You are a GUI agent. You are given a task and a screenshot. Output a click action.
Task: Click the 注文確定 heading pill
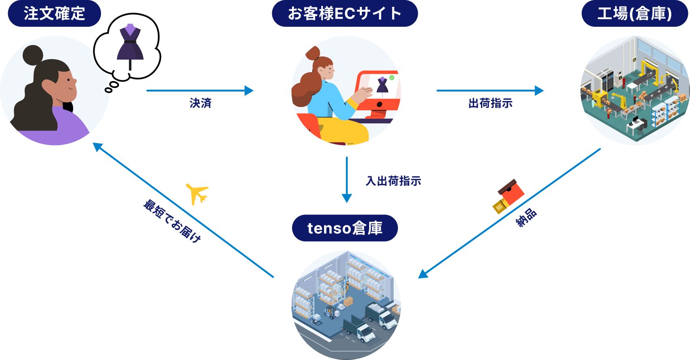[54, 13]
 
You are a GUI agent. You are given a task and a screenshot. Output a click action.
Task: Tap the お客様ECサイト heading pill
[344, 13]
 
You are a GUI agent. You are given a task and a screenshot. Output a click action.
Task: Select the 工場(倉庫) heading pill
[634, 13]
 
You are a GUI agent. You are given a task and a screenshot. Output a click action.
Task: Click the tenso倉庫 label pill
[344, 228]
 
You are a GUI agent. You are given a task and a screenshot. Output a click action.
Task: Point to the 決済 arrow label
[200, 103]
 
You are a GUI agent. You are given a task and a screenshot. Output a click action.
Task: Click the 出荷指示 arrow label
[490, 103]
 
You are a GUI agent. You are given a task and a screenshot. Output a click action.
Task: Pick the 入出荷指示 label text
[393, 181]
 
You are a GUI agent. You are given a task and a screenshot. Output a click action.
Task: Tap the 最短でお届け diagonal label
[172, 221]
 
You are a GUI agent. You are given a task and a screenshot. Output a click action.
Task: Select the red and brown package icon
[508, 196]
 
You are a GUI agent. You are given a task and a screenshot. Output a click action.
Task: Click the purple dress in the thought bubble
[130, 44]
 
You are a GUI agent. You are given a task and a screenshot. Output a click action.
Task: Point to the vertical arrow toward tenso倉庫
[346, 178]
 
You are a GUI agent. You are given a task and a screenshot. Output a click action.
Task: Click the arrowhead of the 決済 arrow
[249, 90]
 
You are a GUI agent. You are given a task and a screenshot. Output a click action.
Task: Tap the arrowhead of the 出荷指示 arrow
[539, 90]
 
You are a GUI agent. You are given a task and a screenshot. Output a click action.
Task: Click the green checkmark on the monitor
[391, 77]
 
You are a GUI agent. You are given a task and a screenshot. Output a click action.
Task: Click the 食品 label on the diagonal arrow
[525, 218]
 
